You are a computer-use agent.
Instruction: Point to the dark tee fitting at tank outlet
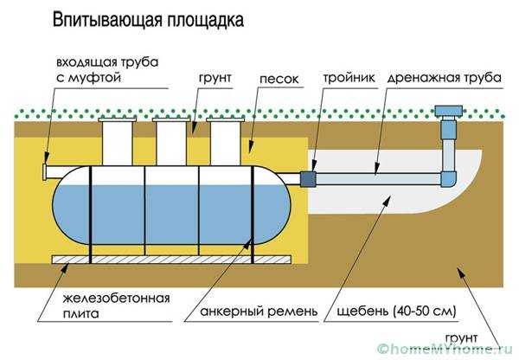[x=309, y=178]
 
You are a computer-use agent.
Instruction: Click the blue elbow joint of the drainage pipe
[x=449, y=178]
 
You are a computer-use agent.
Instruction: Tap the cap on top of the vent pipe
[x=449, y=111]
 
